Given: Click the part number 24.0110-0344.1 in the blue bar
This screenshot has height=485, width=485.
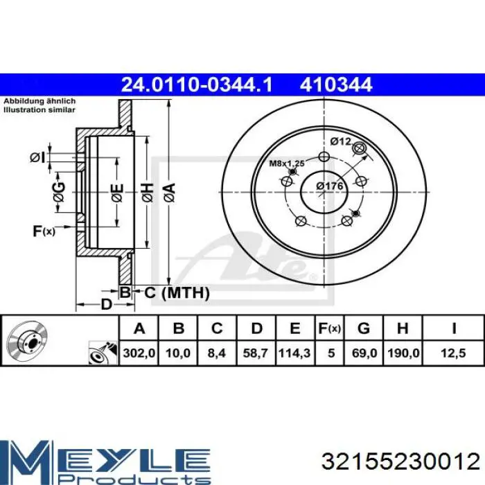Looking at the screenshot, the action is [197, 85].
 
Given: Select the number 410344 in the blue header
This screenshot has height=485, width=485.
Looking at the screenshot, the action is [336, 85].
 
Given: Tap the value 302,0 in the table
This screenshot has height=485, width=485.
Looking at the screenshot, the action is [139, 353].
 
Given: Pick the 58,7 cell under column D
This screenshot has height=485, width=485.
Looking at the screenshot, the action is [256, 353].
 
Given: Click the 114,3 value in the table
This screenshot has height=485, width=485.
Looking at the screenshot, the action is [294, 353].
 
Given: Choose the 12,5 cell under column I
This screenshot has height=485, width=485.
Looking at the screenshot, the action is [453, 353].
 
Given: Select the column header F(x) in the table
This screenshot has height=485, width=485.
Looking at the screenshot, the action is [329, 328].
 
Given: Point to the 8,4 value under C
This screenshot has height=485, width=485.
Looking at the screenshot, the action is [217, 353].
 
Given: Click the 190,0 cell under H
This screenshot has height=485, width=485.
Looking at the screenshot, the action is [403, 353].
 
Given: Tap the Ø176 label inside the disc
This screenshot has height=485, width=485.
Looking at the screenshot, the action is [330, 186].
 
